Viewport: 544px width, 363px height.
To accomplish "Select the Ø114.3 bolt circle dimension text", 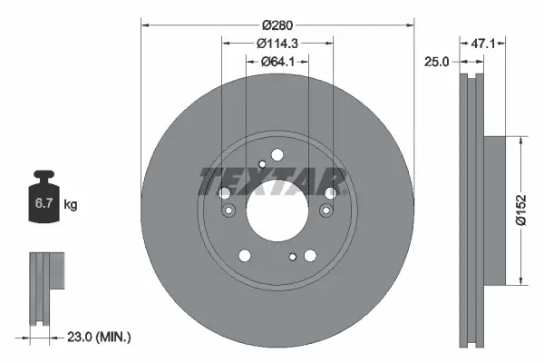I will coord(277,43).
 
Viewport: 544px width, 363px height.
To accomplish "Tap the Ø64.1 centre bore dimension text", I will coord(277,62).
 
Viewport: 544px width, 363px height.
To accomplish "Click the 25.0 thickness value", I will coord(439,61).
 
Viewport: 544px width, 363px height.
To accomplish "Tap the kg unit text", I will coord(71,206).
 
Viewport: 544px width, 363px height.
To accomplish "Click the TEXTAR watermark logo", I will coord(272,180).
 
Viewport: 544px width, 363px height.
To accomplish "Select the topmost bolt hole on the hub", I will coord(277,154).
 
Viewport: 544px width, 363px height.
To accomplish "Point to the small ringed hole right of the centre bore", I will coord(326,211).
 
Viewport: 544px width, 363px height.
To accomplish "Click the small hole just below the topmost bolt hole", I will coord(262,164).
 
